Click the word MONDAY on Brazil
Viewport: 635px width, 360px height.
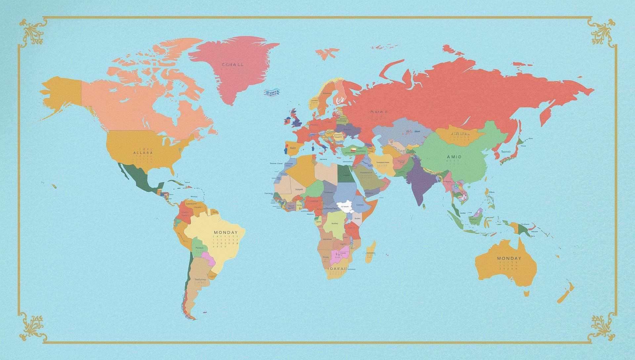click(x=226, y=232)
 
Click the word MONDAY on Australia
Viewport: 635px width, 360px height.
click(x=509, y=258)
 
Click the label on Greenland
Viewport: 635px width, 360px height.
click(x=233, y=65)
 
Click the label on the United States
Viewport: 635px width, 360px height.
click(x=143, y=153)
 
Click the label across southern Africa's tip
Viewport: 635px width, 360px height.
click(x=337, y=269)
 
